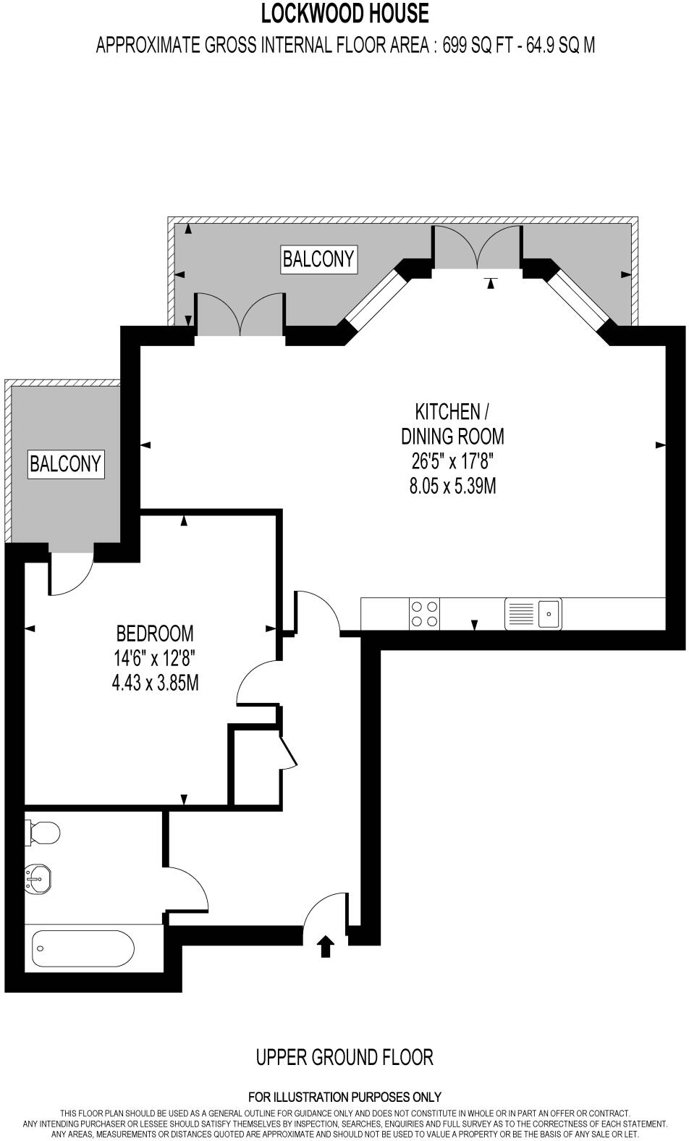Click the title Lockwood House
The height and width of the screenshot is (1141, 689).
344,13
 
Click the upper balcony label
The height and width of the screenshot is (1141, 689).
318,258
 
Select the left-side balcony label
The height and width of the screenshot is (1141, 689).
66,463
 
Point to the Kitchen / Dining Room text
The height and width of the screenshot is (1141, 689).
452,424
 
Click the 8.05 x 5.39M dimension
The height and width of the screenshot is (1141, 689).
452,486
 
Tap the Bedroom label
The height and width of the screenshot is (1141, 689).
155,633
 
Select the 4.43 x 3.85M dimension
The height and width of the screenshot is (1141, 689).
155,682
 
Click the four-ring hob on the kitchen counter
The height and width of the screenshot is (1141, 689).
424,614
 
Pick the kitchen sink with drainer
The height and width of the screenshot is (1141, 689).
533,614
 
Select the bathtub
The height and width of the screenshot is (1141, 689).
83,948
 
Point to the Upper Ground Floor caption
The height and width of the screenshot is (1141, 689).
344,1058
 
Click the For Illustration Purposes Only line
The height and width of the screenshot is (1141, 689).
344,1097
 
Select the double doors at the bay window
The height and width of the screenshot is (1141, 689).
477,248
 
